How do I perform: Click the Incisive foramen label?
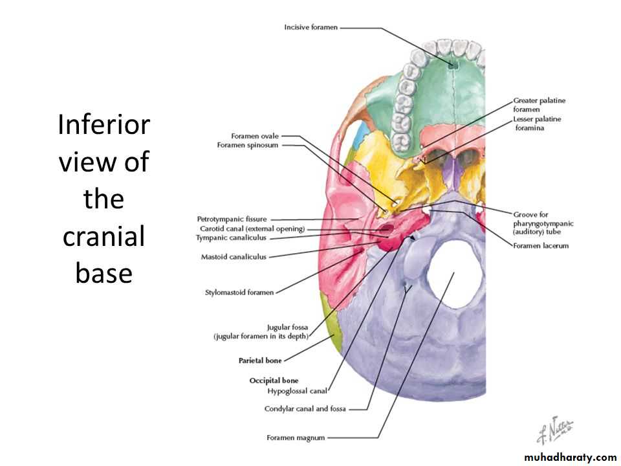click(x=310, y=27)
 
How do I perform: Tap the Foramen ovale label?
click(x=255, y=136)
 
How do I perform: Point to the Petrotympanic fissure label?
click(x=232, y=219)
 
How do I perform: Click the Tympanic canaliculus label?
click(x=231, y=238)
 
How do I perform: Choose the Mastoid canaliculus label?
click(x=234, y=257)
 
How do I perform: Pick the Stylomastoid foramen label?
click(x=239, y=293)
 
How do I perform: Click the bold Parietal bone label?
click(x=260, y=360)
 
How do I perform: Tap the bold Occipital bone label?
click(x=274, y=381)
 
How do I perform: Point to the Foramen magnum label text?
click(x=296, y=438)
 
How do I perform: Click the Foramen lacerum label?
click(x=541, y=246)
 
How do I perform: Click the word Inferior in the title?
click(x=103, y=124)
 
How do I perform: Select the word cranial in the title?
click(x=103, y=236)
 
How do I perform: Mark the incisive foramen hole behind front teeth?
click(x=453, y=63)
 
